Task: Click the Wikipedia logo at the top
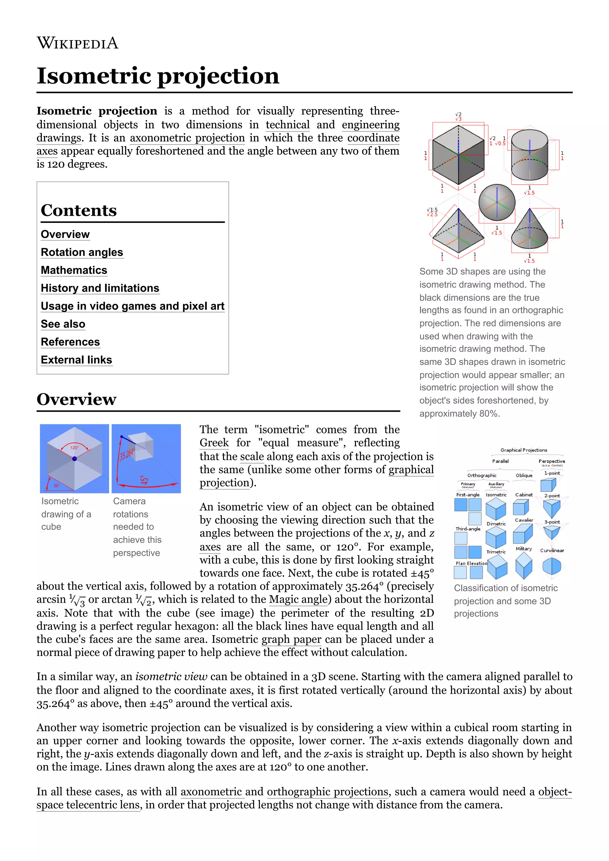[x=77, y=43]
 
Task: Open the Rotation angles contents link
[x=82, y=252]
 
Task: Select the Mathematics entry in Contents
[x=74, y=270]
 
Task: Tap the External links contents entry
[x=76, y=360]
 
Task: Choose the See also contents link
[x=63, y=324]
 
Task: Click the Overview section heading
[x=76, y=399]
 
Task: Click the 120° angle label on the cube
[x=74, y=447]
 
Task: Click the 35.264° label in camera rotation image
[x=126, y=454]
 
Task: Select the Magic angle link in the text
[x=298, y=599]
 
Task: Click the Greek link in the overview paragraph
[x=214, y=443]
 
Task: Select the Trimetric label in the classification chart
[x=496, y=552]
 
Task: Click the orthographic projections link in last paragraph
[x=327, y=792]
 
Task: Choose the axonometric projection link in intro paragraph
[x=187, y=138]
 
